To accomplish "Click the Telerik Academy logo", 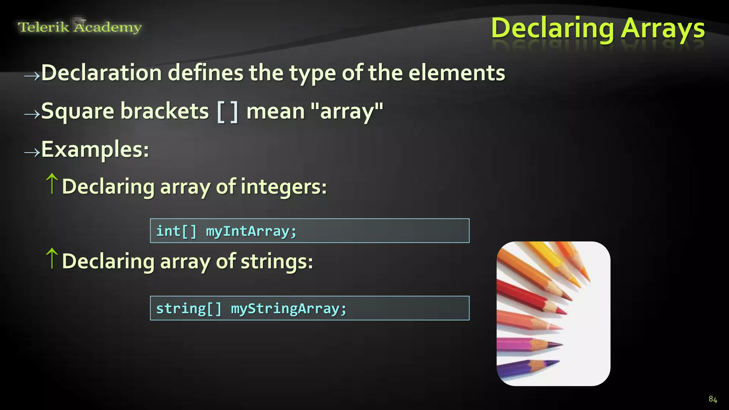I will click(80, 27).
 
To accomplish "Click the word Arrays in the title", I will click(663, 28).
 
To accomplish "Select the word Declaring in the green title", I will click(552, 28).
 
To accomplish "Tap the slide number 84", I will click(713, 399).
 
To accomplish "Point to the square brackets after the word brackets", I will click(227, 111).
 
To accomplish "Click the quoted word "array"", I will click(347, 111).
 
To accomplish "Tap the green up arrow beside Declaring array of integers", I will click(52, 184).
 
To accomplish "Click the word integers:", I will click(283, 186).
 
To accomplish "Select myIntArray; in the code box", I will click(251, 231).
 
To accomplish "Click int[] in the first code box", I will click(176, 231).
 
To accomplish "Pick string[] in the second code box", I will click(189, 309).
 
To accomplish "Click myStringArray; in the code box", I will click(288, 309).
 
